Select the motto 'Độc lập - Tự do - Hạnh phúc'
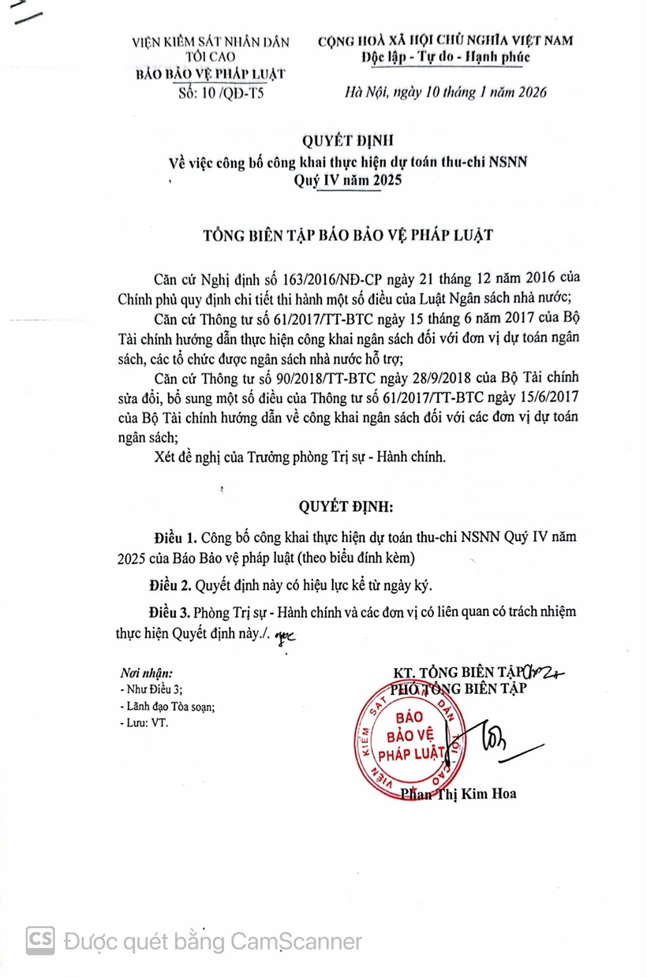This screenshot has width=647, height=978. click(446, 56)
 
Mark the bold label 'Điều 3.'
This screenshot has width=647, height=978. click(170, 614)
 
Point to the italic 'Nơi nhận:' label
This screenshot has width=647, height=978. click(146, 673)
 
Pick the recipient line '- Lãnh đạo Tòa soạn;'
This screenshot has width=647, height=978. click(166, 706)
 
